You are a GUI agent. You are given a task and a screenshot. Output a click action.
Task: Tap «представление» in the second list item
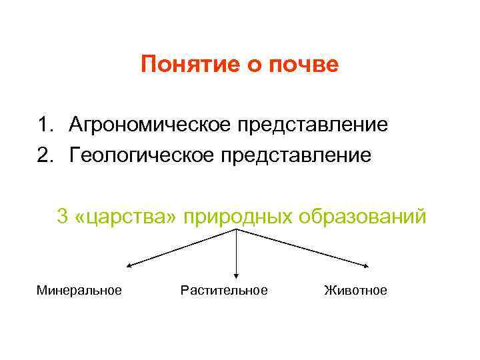point(303,155)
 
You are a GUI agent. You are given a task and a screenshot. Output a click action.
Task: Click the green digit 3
point(63,217)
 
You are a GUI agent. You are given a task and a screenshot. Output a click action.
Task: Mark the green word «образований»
point(363,217)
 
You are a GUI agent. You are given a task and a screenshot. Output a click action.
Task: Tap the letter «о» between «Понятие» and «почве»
point(250,65)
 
